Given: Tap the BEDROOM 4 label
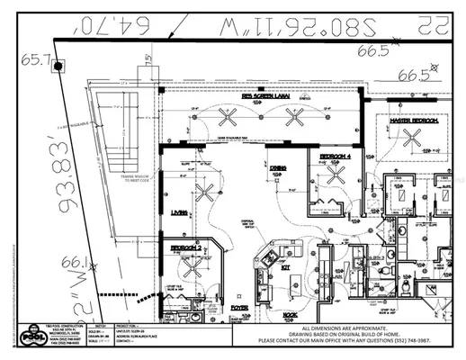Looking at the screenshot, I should pos(335,156).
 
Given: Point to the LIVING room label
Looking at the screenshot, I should pos(179,212).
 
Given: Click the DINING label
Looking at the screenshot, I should pos(279,167).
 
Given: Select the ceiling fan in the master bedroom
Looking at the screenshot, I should pos(412,139).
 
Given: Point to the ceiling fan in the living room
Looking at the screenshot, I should pos(206,191).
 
